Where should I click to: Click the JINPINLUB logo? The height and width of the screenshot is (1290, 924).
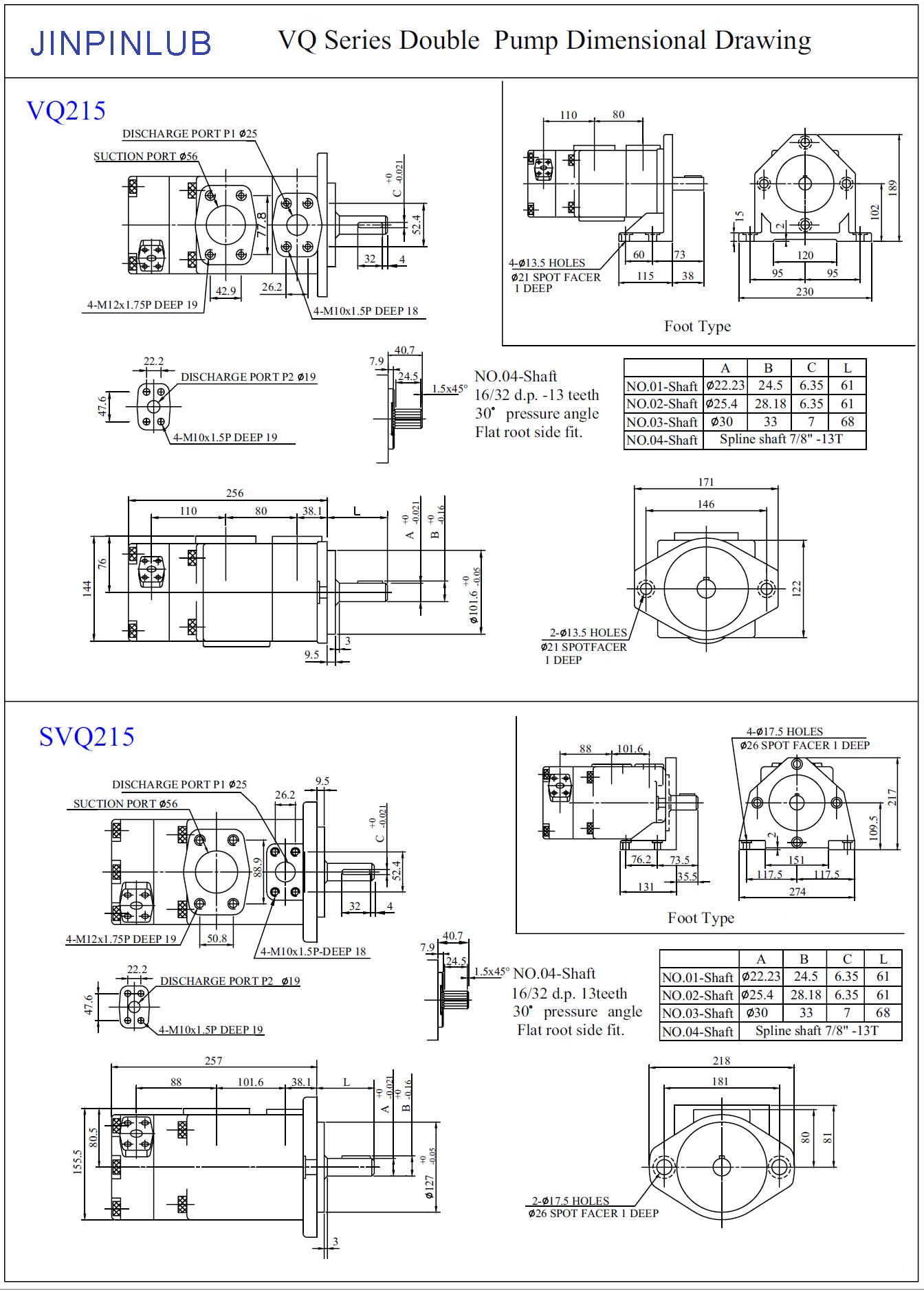coord(120,43)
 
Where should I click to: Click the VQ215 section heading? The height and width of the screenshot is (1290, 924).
coord(66,111)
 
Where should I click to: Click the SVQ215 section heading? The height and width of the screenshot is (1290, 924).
coord(86,737)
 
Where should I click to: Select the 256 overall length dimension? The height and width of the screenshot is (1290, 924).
coord(234,493)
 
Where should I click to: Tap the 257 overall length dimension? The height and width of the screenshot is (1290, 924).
coord(213,1060)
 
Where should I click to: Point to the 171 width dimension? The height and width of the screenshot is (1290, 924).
coord(705,482)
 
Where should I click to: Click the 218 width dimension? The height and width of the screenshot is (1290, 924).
coord(721,1060)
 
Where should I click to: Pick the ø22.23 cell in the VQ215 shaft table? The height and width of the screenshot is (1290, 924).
coord(725,386)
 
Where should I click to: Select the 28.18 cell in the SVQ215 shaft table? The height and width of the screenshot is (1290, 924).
coord(806,994)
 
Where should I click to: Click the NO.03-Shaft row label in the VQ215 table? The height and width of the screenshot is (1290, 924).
coord(662,422)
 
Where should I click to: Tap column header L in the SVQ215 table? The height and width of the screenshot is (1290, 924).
coord(883,959)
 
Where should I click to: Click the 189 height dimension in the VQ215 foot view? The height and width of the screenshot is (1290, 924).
coord(892,187)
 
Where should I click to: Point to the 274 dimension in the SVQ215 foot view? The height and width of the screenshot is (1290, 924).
coord(797,891)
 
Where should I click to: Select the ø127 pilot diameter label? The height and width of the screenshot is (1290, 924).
coord(430,1186)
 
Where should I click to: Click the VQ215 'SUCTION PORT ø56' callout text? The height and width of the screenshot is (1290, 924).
coord(146,157)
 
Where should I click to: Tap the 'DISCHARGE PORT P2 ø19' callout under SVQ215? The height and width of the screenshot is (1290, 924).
coord(230,981)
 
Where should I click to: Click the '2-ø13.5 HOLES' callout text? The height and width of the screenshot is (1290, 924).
coord(588,632)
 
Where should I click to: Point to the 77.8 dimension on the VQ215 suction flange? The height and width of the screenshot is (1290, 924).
coord(261,224)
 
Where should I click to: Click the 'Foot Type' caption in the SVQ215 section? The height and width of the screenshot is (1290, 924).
coord(701,918)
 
